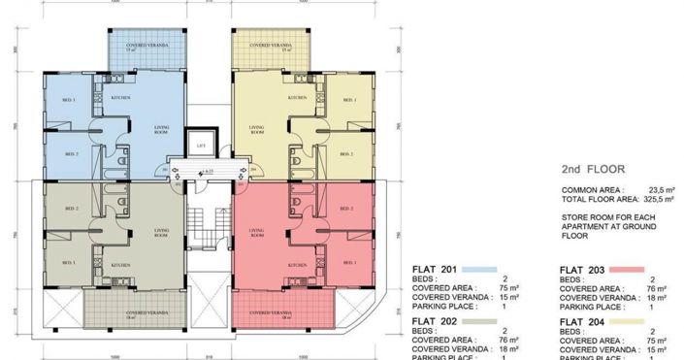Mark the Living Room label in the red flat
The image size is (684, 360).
[257, 233]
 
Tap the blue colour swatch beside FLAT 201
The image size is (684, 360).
[481, 269]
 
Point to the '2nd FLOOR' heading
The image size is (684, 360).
[593, 168]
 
